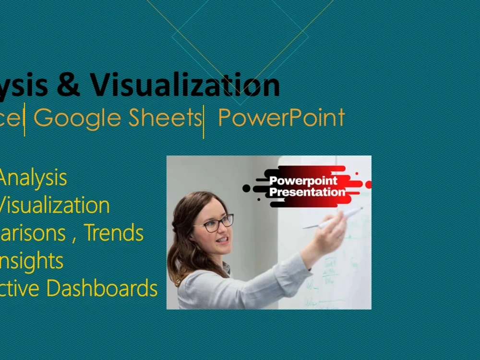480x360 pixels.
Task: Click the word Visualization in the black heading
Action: pos(185,85)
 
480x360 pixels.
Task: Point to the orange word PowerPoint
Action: pos(281,118)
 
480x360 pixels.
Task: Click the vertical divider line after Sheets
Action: pos(204,121)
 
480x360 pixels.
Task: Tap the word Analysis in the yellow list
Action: pos(33,178)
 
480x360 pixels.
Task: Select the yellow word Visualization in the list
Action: pos(54,205)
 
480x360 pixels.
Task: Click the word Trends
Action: pos(114,233)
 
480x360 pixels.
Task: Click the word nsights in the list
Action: pos(32,261)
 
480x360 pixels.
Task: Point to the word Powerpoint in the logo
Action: pos(303,181)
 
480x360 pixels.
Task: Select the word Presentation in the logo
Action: pos(307,192)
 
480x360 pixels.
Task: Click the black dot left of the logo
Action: pos(247,188)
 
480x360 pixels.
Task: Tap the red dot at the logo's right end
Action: pos(369,185)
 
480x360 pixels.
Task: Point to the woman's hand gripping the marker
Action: pos(334,233)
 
